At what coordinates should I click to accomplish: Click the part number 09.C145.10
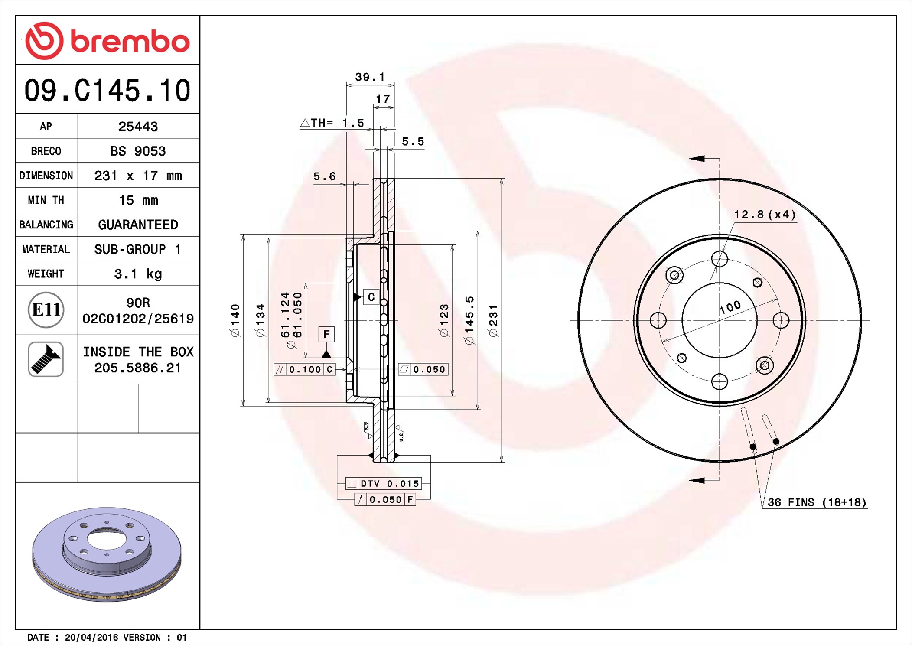tap(107, 91)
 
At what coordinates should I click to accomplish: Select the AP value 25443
tap(138, 127)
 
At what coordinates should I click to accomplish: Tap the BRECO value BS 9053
tap(138, 151)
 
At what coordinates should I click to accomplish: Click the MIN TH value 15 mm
tap(138, 200)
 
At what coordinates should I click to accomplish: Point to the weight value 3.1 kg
tap(138, 274)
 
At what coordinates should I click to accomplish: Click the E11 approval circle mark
tap(46, 310)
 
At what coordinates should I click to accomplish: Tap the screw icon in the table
tap(46, 359)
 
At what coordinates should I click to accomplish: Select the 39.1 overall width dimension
tap(370, 77)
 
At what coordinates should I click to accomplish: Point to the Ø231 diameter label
tap(493, 321)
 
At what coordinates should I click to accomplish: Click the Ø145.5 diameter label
tap(469, 321)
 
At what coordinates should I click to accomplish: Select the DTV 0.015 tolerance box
tap(384, 484)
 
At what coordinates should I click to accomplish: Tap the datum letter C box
tap(371, 297)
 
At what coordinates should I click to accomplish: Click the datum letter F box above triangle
tap(326, 334)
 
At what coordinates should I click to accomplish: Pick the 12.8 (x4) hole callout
tap(765, 215)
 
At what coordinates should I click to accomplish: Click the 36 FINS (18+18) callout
tap(817, 502)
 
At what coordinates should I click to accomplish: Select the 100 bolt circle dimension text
tap(730, 307)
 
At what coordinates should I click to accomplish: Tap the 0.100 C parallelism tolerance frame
tap(305, 369)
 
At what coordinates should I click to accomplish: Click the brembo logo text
tap(130, 42)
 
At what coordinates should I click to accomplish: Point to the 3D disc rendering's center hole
tap(107, 539)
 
